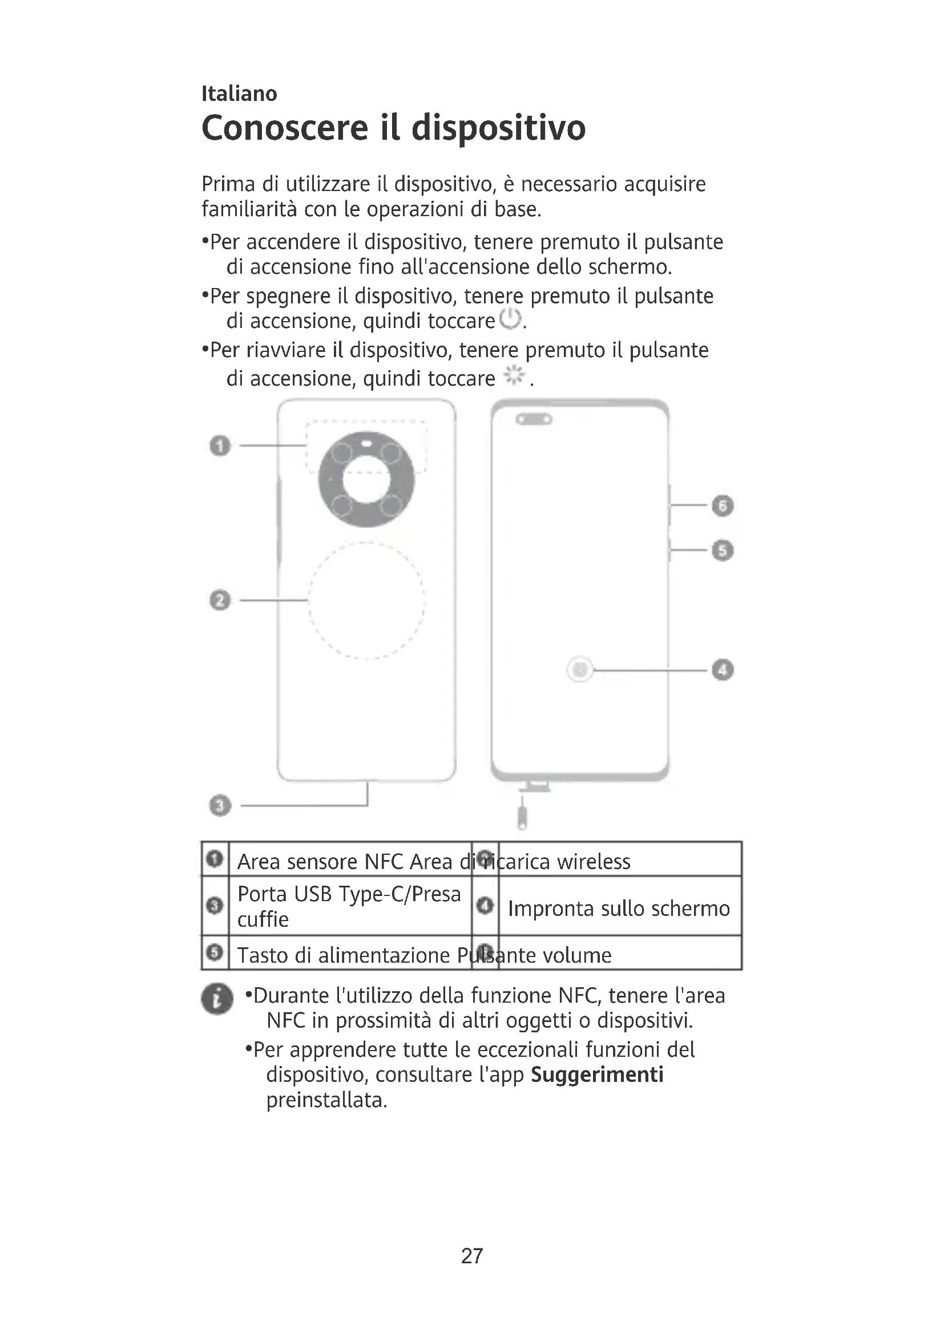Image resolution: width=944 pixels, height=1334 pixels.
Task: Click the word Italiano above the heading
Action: coord(239,94)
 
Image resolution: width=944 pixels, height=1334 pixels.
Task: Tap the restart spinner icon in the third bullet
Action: coord(514,376)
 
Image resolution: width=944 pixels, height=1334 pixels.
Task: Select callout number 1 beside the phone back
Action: coord(220,445)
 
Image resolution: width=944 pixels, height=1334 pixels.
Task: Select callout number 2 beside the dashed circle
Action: coord(220,599)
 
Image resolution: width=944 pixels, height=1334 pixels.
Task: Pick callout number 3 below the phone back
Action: coord(220,806)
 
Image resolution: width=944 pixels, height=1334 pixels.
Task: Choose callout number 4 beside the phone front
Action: coord(723,670)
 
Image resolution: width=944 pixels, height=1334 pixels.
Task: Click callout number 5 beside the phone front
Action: coord(723,550)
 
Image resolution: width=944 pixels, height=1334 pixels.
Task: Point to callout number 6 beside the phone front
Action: coord(723,505)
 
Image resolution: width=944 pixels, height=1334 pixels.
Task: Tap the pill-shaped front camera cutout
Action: coord(534,419)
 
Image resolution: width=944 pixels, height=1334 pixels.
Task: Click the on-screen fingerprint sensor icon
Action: coord(579,670)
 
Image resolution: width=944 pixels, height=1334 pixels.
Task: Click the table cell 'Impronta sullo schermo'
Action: coord(619,909)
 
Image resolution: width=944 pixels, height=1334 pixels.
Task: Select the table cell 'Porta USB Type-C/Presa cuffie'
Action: coord(349,906)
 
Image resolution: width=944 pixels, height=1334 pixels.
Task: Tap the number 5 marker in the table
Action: coord(215,952)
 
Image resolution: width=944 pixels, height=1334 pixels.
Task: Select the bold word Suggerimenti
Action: coord(597,1075)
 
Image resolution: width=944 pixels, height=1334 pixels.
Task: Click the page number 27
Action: coord(471,1256)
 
